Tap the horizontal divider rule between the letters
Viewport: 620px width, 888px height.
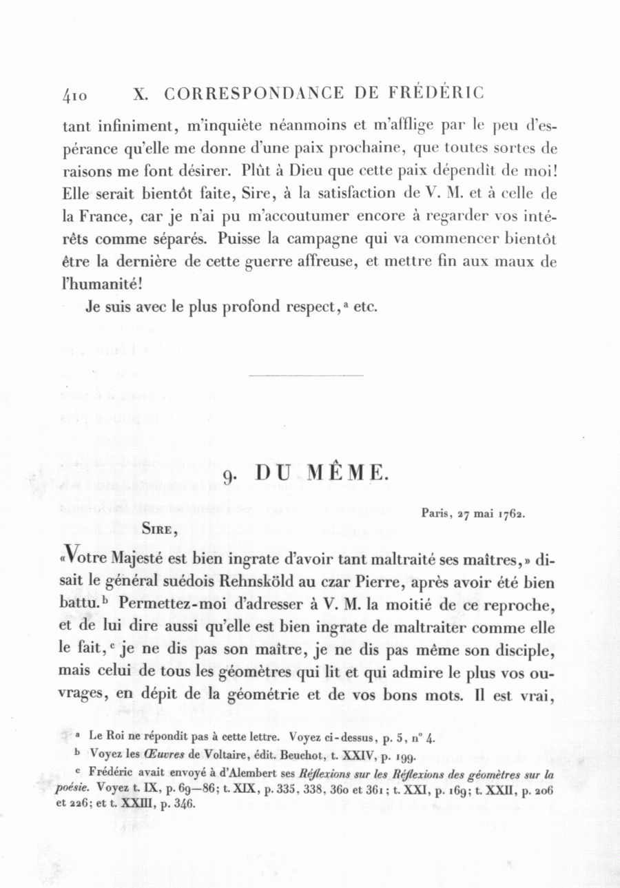coord(304,375)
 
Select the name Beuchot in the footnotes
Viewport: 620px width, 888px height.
coord(302,756)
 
